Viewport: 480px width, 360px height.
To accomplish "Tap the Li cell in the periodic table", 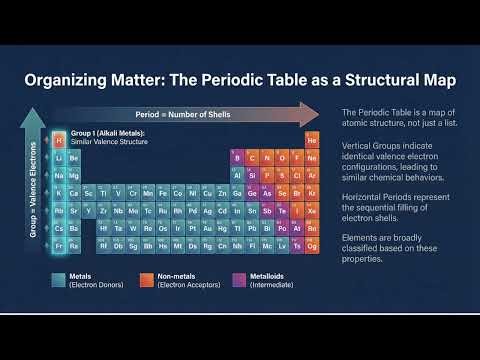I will [x=59, y=158].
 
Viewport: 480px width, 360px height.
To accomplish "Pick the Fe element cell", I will [x=162, y=193].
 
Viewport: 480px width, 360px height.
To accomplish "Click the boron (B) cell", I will [x=238, y=158].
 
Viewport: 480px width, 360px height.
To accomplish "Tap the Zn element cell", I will [x=222, y=193].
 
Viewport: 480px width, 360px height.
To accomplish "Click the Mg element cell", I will [x=74, y=175].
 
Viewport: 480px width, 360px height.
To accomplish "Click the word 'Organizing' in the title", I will [x=71, y=80].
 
